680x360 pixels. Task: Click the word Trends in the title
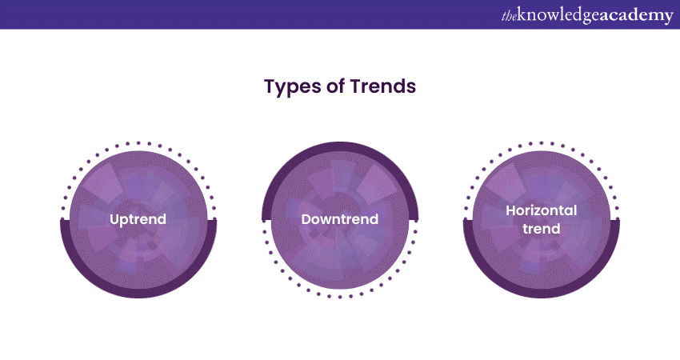(383, 86)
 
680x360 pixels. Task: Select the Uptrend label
(138, 219)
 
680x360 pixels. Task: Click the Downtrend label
(340, 219)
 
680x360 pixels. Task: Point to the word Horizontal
(542, 210)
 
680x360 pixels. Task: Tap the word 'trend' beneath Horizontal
(542, 229)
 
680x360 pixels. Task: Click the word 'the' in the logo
(509, 17)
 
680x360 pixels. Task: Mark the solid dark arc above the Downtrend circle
(341, 146)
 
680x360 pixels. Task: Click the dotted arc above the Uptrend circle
(138, 143)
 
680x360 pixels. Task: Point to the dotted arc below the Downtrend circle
(340, 297)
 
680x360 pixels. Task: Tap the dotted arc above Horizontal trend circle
(542, 143)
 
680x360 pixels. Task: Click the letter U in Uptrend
(114, 219)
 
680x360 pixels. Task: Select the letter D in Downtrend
(306, 219)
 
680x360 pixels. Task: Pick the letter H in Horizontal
(511, 210)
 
